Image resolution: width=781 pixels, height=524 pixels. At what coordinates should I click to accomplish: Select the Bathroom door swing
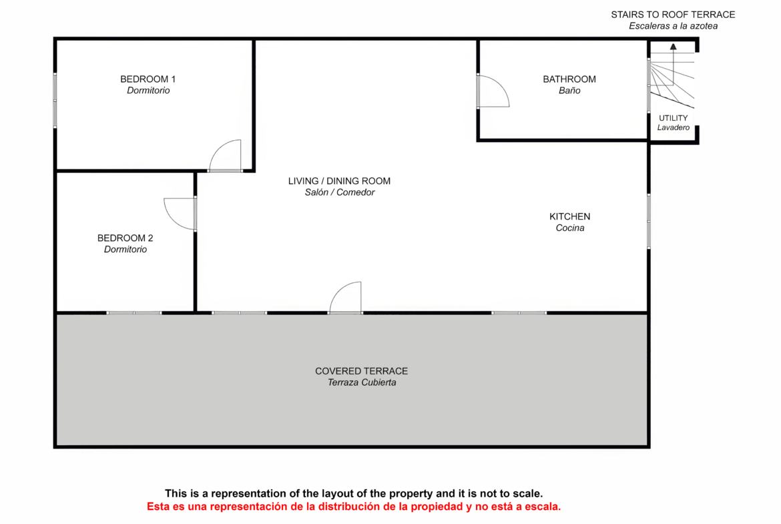(501, 85)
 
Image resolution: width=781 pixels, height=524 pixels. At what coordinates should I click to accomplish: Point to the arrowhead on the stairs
(674, 47)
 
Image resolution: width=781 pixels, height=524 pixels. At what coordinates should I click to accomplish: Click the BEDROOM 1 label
(148, 79)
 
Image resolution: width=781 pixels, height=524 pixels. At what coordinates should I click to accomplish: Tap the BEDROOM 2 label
(125, 238)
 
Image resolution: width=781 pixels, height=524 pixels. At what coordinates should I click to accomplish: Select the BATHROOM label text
(569, 79)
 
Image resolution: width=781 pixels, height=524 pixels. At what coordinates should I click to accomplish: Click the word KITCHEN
(570, 217)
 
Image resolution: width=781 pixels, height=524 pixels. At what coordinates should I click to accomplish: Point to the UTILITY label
(674, 118)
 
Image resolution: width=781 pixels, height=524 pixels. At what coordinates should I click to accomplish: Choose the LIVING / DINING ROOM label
(339, 182)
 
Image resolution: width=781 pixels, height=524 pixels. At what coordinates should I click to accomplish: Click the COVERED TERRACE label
(362, 371)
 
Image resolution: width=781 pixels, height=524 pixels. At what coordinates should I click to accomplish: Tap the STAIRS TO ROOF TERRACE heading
(674, 15)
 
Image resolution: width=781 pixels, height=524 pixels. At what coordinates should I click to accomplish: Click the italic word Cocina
(570, 228)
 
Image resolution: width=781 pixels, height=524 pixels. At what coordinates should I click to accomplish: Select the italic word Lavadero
(674, 127)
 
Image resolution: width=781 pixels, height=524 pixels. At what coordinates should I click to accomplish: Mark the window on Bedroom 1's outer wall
(55, 101)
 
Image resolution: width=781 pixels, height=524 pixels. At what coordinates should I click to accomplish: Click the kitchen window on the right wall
(649, 221)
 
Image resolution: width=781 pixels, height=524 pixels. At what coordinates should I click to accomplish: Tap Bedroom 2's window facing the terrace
(134, 313)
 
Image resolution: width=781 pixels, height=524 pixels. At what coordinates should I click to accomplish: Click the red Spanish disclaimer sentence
(354, 507)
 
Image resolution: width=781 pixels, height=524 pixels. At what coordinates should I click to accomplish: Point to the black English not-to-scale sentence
(354, 493)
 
